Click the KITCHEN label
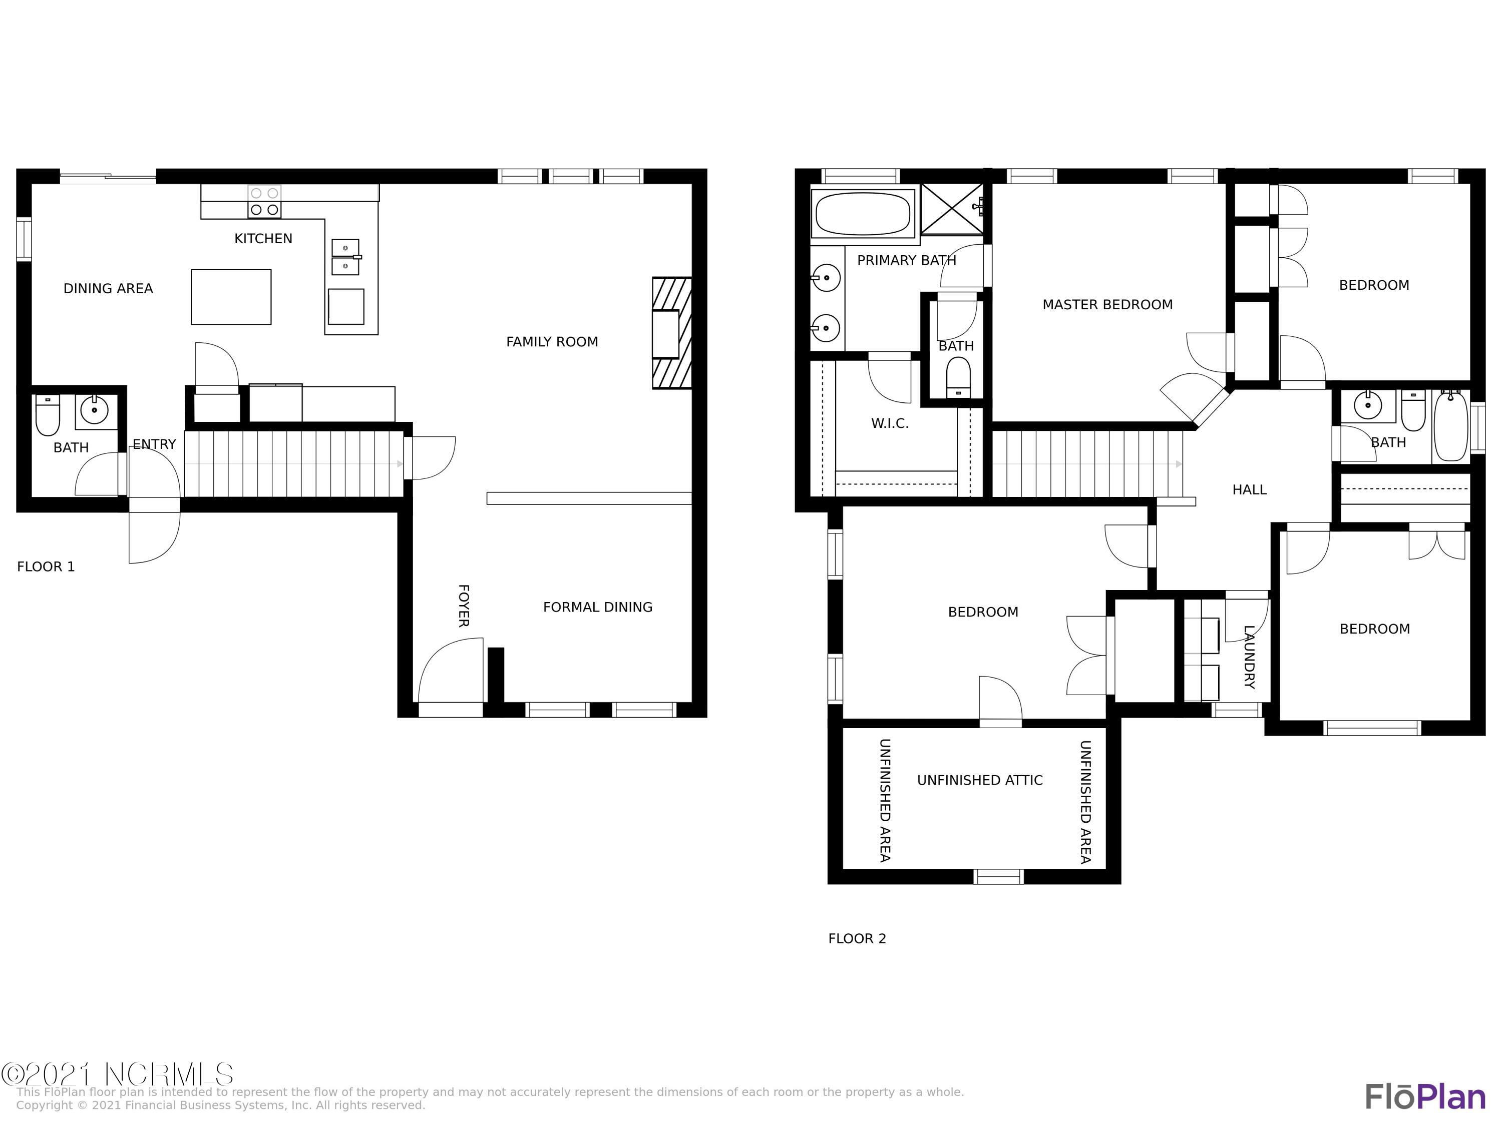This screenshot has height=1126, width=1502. pyautogui.click(x=263, y=239)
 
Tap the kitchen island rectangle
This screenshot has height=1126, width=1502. pyautogui.click(x=231, y=297)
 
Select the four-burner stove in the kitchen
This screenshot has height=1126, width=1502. pyautogui.click(x=264, y=202)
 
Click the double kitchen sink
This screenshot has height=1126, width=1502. pyautogui.click(x=345, y=257)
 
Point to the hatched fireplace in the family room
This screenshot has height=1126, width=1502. pyautogui.click(x=671, y=333)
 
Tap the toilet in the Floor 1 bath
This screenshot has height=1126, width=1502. pyautogui.click(x=48, y=415)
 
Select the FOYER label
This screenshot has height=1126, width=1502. pyautogui.click(x=463, y=606)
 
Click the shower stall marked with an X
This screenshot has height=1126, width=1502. pyautogui.click(x=952, y=209)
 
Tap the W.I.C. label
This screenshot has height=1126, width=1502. pyautogui.click(x=890, y=423)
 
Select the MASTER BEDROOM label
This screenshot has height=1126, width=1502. pyautogui.click(x=1107, y=305)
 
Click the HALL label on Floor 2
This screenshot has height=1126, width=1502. pyautogui.click(x=1249, y=490)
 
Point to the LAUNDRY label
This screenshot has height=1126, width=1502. pyautogui.click(x=1249, y=656)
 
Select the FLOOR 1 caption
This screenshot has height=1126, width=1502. pyautogui.click(x=46, y=567)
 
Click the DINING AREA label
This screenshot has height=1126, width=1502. pyautogui.click(x=108, y=288)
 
